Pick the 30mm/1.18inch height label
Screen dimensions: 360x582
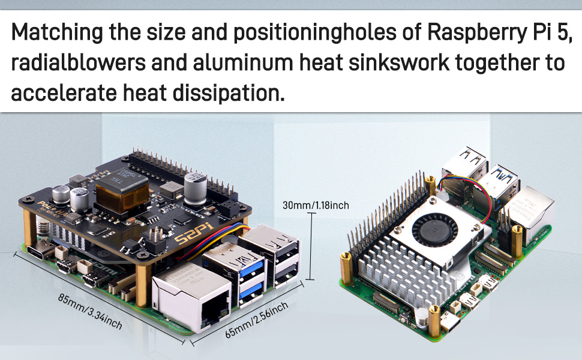(316, 206)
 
